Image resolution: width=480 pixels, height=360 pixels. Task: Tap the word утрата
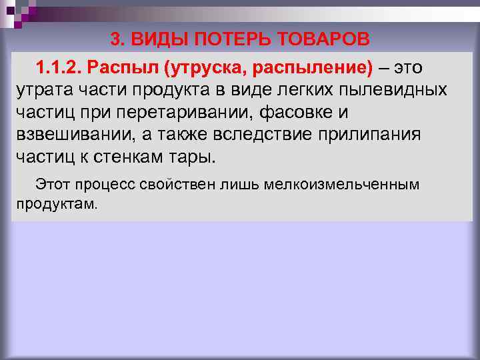40,90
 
